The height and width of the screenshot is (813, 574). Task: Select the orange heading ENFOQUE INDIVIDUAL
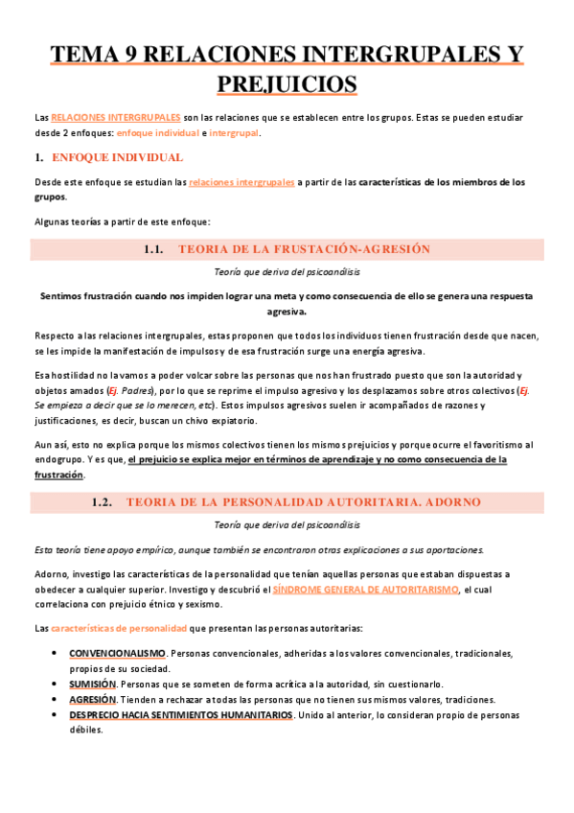[117, 157]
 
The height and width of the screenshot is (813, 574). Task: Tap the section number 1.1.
[154, 249]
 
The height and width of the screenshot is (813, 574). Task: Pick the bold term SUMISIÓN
[92, 684]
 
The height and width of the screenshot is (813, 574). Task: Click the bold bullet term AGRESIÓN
[93, 700]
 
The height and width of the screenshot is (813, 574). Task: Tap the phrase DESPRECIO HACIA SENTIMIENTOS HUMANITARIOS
[180, 715]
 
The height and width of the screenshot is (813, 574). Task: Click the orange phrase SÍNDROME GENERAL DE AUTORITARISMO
[365, 590]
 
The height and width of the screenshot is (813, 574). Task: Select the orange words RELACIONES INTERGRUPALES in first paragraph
[115, 116]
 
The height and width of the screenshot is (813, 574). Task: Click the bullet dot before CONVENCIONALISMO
[53, 653]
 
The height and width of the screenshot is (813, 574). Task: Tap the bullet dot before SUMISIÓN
[53, 684]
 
